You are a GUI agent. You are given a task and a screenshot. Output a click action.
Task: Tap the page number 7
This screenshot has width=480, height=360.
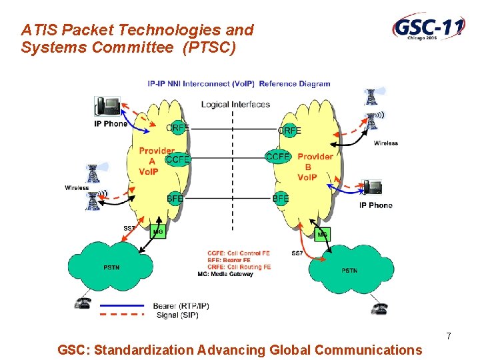point(449,336)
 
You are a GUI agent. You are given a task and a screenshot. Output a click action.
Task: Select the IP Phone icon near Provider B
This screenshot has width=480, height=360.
point(371,188)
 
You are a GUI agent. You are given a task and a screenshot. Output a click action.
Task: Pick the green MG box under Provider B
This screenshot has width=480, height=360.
point(323,235)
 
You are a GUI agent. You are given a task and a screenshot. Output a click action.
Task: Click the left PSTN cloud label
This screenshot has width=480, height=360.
point(112,268)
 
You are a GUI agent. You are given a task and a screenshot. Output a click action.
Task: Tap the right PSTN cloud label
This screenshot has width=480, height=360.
point(349,270)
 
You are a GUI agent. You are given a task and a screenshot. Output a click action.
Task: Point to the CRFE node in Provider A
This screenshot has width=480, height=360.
point(177,128)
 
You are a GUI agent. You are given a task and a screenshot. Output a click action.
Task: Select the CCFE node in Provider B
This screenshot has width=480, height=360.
point(278,157)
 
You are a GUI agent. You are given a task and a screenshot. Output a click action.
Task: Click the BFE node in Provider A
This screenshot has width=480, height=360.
point(175,199)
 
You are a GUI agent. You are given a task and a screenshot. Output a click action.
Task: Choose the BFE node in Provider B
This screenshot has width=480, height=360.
point(281,199)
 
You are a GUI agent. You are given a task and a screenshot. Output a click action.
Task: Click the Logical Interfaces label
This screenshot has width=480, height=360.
point(235,105)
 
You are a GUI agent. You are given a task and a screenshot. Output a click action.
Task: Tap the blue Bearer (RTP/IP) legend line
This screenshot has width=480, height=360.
point(121,306)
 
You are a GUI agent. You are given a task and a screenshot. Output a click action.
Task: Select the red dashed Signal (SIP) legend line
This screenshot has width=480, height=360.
point(121,314)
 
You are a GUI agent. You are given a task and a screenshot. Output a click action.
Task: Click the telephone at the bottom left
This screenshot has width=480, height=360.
point(83,303)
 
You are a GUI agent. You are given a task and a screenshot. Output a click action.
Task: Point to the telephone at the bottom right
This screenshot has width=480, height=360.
point(380,308)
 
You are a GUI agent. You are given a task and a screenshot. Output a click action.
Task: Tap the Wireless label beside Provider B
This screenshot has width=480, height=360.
point(385,143)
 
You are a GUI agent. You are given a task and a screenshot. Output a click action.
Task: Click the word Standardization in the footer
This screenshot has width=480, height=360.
point(139,349)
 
